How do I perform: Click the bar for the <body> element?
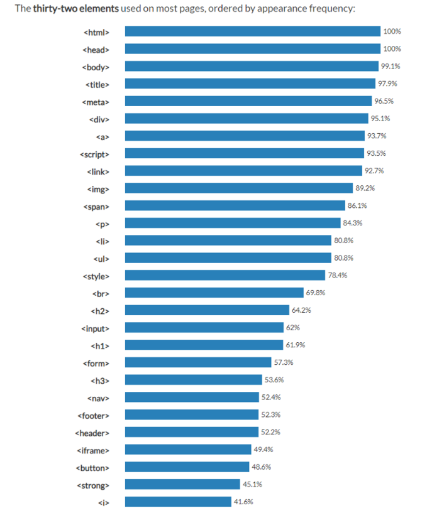coord(252,66)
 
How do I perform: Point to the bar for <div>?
coord(247,119)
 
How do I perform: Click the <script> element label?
coord(95,154)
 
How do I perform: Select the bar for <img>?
coord(239,188)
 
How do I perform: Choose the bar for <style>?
coord(225,275)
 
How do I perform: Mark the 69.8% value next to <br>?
coord(315,293)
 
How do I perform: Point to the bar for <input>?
coord(204,328)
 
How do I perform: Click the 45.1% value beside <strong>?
coord(252,484)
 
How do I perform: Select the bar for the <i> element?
coord(178,502)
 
